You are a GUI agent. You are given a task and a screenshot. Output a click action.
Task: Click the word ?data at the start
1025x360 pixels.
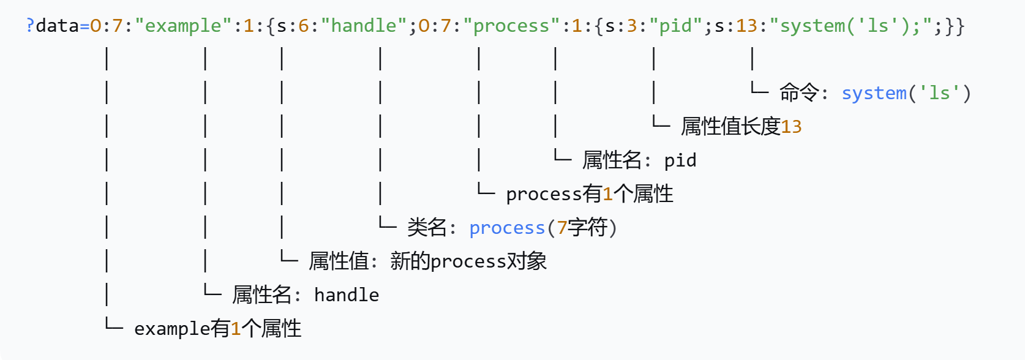pyautogui.click(x=52, y=26)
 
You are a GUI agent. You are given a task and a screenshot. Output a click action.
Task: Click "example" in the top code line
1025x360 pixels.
pyautogui.click(x=182, y=26)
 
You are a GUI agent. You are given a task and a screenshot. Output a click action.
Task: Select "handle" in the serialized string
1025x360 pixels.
pyautogui.click(x=363, y=26)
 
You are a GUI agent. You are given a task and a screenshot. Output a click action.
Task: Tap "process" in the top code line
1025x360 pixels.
pyautogui.click(x=511, y=26)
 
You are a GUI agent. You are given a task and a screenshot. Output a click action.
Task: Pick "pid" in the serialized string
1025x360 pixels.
pyautogui.click(x=675, y=26)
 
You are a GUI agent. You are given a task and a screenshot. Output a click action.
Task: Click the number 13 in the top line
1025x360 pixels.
pyautogui.click(x=746, y=26)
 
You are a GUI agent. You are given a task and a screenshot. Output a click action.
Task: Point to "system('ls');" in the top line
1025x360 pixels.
pyautogui.click(x=850, y=26)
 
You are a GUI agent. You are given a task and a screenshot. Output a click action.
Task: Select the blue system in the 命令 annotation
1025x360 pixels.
pyautogui.click(x=873, y=93)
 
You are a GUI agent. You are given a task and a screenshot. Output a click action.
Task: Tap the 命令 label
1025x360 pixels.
pyautogui.click(x=798, y=93)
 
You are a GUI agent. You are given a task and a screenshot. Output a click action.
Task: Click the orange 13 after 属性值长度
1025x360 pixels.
pyautogui.click(x=791, y=127)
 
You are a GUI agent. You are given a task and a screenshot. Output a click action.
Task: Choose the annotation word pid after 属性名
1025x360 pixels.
pyautogui.click(x=680, y=160)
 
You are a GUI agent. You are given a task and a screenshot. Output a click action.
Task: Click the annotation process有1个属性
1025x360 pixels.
pyautogui.click(x=589, y=194)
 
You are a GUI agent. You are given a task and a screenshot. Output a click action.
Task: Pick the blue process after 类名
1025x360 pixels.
pyautogui.click(x=506, y=228)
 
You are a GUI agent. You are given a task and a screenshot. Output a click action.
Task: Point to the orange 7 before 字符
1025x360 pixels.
pyautogui.click(x=561, y=228)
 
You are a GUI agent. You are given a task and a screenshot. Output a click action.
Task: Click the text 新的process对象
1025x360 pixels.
pyautogui.click(x=468, y=261)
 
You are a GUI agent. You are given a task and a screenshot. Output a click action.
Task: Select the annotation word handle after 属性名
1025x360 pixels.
pyautogui.click(x=346, y=295)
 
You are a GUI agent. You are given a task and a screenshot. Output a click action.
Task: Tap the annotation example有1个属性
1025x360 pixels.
pyautogui.click(x=217, y=329)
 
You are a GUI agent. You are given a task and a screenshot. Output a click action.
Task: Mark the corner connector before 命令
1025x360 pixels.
pyautogui.click(x=759, y=89)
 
